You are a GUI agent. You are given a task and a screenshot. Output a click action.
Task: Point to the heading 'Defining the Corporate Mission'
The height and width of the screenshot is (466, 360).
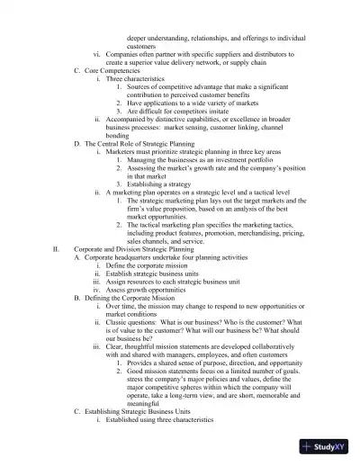134,296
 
